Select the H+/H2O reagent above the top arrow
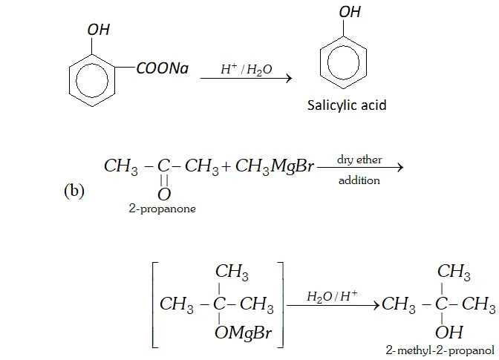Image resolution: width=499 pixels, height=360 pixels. [x=246, y=69]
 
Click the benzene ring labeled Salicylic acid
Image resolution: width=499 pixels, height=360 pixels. [x=343, y=60]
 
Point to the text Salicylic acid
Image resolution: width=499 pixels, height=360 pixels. [x=347, y=105]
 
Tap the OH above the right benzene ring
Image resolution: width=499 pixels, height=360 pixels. [x=350, y=13]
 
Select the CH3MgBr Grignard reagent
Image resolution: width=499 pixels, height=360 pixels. [x=275, y=166]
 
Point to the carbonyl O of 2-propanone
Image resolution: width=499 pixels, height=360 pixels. [x=164, y=194]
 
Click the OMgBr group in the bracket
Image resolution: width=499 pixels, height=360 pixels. [x=242, y=333]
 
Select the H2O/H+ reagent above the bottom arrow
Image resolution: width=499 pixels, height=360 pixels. [x=332, y=296]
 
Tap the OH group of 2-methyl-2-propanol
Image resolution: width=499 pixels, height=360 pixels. [x=449, y=332]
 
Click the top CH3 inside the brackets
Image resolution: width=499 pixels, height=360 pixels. [x=232, y=273]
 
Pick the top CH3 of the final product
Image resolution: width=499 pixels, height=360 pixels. [x=454, y=273]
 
